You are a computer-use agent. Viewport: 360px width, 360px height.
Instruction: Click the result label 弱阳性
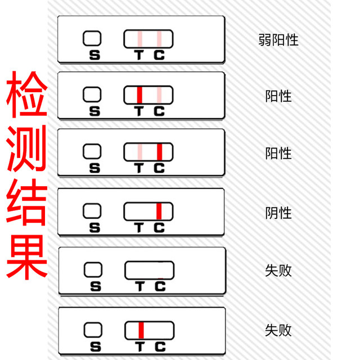tap(278, 40)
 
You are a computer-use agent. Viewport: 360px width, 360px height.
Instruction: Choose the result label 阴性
tap(278, 213)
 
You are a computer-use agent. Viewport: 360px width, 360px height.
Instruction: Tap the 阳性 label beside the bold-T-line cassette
tap(278, 96)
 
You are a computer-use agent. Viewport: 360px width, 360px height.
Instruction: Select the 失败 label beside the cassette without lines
tap(278, 270)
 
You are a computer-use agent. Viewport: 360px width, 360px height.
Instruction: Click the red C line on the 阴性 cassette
tap(159, 211)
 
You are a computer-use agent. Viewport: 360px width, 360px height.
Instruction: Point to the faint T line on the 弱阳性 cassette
tap(139, 39)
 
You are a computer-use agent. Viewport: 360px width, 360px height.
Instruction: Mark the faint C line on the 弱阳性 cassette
tap(159, 39)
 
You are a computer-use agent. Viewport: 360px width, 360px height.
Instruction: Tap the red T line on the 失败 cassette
tap(141, 329)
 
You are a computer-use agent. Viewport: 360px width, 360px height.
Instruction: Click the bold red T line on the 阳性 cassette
tap(139, 94)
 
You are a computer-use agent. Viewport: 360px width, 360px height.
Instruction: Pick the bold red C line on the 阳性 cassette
tap(159, 152)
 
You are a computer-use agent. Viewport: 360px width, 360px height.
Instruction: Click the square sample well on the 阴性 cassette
tap(92, 210)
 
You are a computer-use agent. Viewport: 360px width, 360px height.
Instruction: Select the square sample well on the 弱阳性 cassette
tap(92, 38)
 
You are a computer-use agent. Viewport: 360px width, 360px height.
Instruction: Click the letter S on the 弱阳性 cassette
tap(94, 55)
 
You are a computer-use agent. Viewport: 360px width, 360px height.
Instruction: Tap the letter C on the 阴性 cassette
tap(159, 228)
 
